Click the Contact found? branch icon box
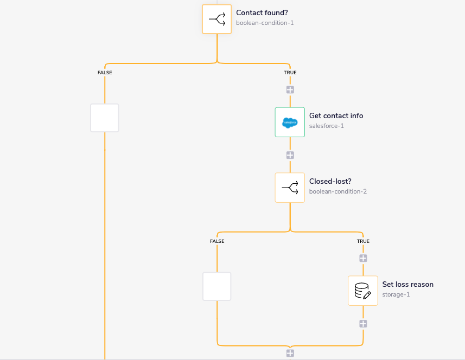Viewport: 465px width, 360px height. (x=217, y=19)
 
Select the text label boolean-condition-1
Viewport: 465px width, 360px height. (x=265, y=23)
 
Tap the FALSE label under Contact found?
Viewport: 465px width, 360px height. (x=105, y=72)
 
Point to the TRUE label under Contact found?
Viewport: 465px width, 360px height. (x=290, y=72)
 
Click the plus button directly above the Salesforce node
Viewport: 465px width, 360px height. (x=290, y=89)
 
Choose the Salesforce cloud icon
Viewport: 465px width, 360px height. (x=290, y=123)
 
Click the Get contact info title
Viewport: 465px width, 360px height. (x=336, y=115)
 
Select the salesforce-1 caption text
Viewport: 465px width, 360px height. (x=326, y=126)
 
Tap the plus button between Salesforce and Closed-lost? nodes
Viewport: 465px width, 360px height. (x=290, y=155)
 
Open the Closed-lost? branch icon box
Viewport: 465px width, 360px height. (x=290, y=188)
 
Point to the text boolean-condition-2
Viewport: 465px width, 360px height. (x=338, y=191)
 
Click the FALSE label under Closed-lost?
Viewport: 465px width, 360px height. (x=217, y=241)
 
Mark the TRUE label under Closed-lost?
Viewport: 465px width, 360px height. (x=363, y=241)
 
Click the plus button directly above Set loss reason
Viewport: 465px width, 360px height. (x=363, y=258)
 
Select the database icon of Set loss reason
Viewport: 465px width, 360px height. (x=362, y=291)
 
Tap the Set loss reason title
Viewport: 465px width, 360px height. (x=407, y=284)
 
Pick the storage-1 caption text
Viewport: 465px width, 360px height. (x=396, y=294)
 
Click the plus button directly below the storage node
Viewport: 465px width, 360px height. (x=363, y=324)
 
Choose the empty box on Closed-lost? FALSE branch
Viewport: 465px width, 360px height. (x=216, y=286)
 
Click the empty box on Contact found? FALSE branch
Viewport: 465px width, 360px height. (x=104, y=118)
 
